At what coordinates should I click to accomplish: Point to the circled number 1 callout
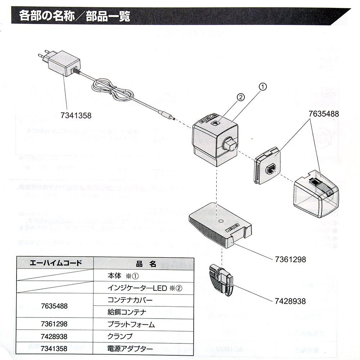263,86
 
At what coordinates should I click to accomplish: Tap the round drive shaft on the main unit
230,145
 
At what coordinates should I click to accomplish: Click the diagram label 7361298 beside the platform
288,259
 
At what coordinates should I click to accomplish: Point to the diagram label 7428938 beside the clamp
288,301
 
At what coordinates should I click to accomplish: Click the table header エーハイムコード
55,262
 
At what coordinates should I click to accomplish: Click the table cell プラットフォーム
131,324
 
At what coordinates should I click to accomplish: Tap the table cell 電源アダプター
130,348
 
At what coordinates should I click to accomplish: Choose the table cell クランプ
120,337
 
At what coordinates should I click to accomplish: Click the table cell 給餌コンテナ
126,312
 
